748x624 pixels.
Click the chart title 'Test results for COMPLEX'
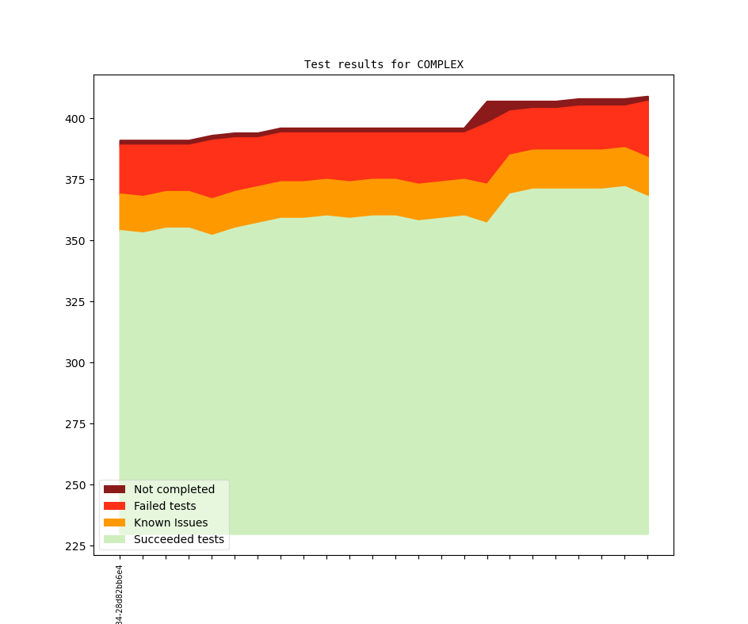click(384, 64)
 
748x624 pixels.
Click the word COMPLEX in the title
click(440, 64)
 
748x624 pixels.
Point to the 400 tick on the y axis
click(77, 119)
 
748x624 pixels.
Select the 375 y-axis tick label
click(77, 180)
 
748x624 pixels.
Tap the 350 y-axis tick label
click(77, 241)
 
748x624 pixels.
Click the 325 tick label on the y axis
click(77, 302)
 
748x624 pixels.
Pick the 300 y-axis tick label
click(77, 363)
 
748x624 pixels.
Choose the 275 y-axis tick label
click(77, 424)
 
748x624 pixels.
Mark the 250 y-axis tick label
click(77, 485)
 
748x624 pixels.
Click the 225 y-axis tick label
click(77, 546)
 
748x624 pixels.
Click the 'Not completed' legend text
click(174, 489)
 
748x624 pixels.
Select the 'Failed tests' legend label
click(165, 506)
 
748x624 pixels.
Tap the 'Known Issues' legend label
click(170, 523)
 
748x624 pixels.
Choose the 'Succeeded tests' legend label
click(179, 540)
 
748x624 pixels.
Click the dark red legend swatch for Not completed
click(114, 489)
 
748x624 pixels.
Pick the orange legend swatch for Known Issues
click(114, 523)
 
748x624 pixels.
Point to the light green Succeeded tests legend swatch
click(114, 540)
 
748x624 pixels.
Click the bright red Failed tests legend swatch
click(114, 506)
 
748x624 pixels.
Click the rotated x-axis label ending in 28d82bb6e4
click(120, 595)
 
